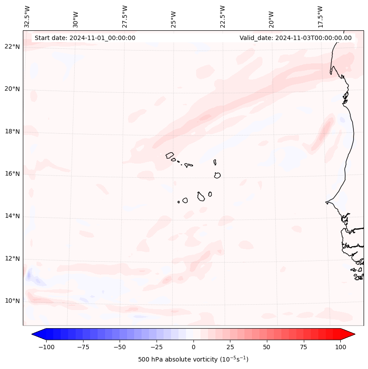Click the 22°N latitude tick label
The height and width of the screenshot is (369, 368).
(12, 47)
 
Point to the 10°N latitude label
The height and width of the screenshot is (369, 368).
(12, 301)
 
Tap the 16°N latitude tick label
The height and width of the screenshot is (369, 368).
(12, 174)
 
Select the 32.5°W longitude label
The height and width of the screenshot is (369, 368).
(27, 16)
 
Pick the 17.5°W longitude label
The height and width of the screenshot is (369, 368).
(320, 16)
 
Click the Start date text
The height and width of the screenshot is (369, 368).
(85, 38)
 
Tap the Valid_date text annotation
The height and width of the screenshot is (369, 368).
(295, 38)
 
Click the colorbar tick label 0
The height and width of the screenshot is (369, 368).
(193, 347)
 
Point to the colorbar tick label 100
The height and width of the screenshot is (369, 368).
(341, 347)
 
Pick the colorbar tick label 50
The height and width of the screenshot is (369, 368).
(267, 347)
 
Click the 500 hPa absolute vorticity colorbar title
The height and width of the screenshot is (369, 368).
(193, 359)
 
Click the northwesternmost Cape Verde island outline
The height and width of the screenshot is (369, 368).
(170, 155)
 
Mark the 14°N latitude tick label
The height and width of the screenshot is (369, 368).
(12, 216)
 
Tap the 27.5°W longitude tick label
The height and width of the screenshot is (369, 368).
(125, 16)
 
